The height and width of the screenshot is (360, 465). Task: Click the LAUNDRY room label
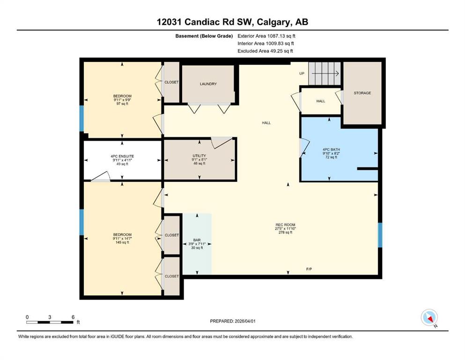tap(208, 84)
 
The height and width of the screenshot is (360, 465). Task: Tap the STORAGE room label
tap(362, 93)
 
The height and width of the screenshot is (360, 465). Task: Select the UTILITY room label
tap(199, 156)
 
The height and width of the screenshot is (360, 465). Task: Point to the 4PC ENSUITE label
tap(122, 156)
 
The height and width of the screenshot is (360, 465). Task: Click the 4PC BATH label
tap(331, 150)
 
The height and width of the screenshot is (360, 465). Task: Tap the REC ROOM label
tap(285, 225)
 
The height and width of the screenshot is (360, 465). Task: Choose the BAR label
tap(197, 240)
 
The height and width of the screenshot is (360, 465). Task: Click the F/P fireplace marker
tap(309, 269)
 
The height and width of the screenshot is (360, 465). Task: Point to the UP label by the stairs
tap(302, 73)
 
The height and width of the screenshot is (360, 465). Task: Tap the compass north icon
tap(429, 317)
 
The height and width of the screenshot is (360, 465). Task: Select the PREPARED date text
tap(232, 321)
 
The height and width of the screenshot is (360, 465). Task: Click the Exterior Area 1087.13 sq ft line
tap(266, 36)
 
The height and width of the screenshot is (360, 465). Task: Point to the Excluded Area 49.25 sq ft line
tap(265, 51)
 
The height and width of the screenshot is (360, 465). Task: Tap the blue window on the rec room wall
tap(380, 235)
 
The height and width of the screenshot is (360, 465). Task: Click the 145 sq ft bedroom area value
tap(122, 242)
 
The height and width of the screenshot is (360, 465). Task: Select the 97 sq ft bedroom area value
tap(122, 104)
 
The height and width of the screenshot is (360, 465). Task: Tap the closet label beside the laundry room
tap(171, 82)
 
